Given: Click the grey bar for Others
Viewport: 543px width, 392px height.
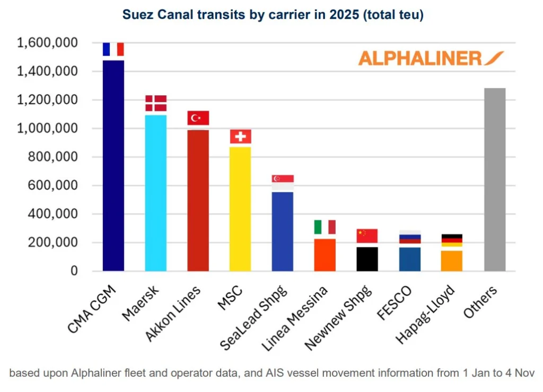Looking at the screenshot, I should pos(494,180).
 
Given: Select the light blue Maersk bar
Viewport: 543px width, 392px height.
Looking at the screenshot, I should pos(155,193).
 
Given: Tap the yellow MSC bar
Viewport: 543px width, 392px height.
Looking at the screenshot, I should pos(240,209).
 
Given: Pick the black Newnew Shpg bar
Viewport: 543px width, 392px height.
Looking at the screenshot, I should pos(367,259).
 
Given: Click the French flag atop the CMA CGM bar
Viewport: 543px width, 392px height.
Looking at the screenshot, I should pos(113,49).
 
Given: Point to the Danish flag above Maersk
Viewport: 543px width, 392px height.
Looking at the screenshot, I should pos(155,103).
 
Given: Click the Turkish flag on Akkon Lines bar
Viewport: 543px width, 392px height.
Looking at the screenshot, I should pos(198,118).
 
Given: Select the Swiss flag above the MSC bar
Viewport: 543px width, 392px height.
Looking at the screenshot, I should pos(240,137).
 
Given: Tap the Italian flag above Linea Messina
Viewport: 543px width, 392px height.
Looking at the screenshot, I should pos(325,227).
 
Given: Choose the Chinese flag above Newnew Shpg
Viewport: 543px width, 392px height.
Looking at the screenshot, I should pos(367,236).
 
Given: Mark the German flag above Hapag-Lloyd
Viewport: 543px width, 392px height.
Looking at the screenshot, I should pos(452,240).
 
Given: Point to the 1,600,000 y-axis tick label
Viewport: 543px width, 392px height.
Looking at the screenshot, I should pos(47,43).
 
